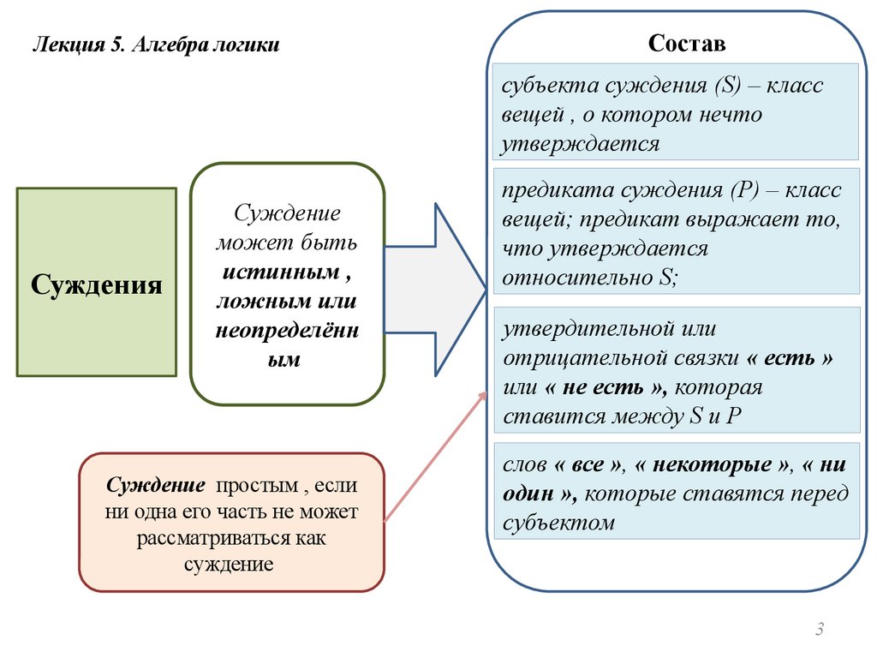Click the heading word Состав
click(686, 43)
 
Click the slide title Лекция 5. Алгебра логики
click(156, 45)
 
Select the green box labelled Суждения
click(97, 284)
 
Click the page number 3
click(819, 631)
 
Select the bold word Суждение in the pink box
click(156, 485)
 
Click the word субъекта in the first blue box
click(546, 87)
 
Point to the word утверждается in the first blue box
click(581, 142)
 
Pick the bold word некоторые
click(713, 465)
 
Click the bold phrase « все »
click(589, 465)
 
